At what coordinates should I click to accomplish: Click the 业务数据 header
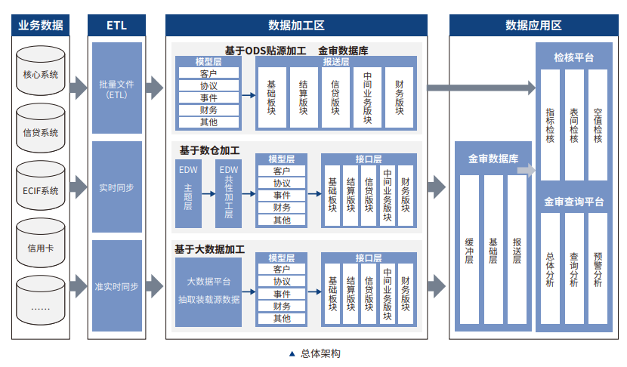pos(41,25)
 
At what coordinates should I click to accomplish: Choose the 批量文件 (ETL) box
pos(117,88)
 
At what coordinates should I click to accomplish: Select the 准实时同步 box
pos(117,286)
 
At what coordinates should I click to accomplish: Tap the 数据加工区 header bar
pos(296,25)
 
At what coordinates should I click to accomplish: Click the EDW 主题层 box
pos(188,193)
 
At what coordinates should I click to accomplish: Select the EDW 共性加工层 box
pos(228,193)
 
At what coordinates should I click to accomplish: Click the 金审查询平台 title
pos(573,202)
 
